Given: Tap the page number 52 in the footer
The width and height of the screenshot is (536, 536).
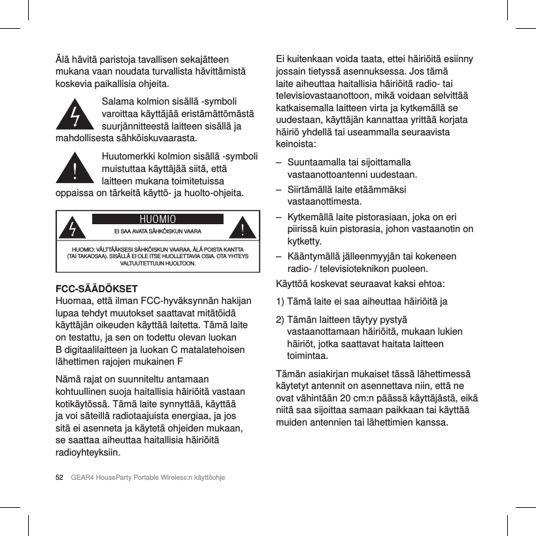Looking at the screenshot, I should (59, 477).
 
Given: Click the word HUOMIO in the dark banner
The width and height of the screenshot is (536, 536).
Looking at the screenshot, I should (158, 218).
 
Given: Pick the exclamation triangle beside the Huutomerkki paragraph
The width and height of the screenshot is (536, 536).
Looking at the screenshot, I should (77, 171).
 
